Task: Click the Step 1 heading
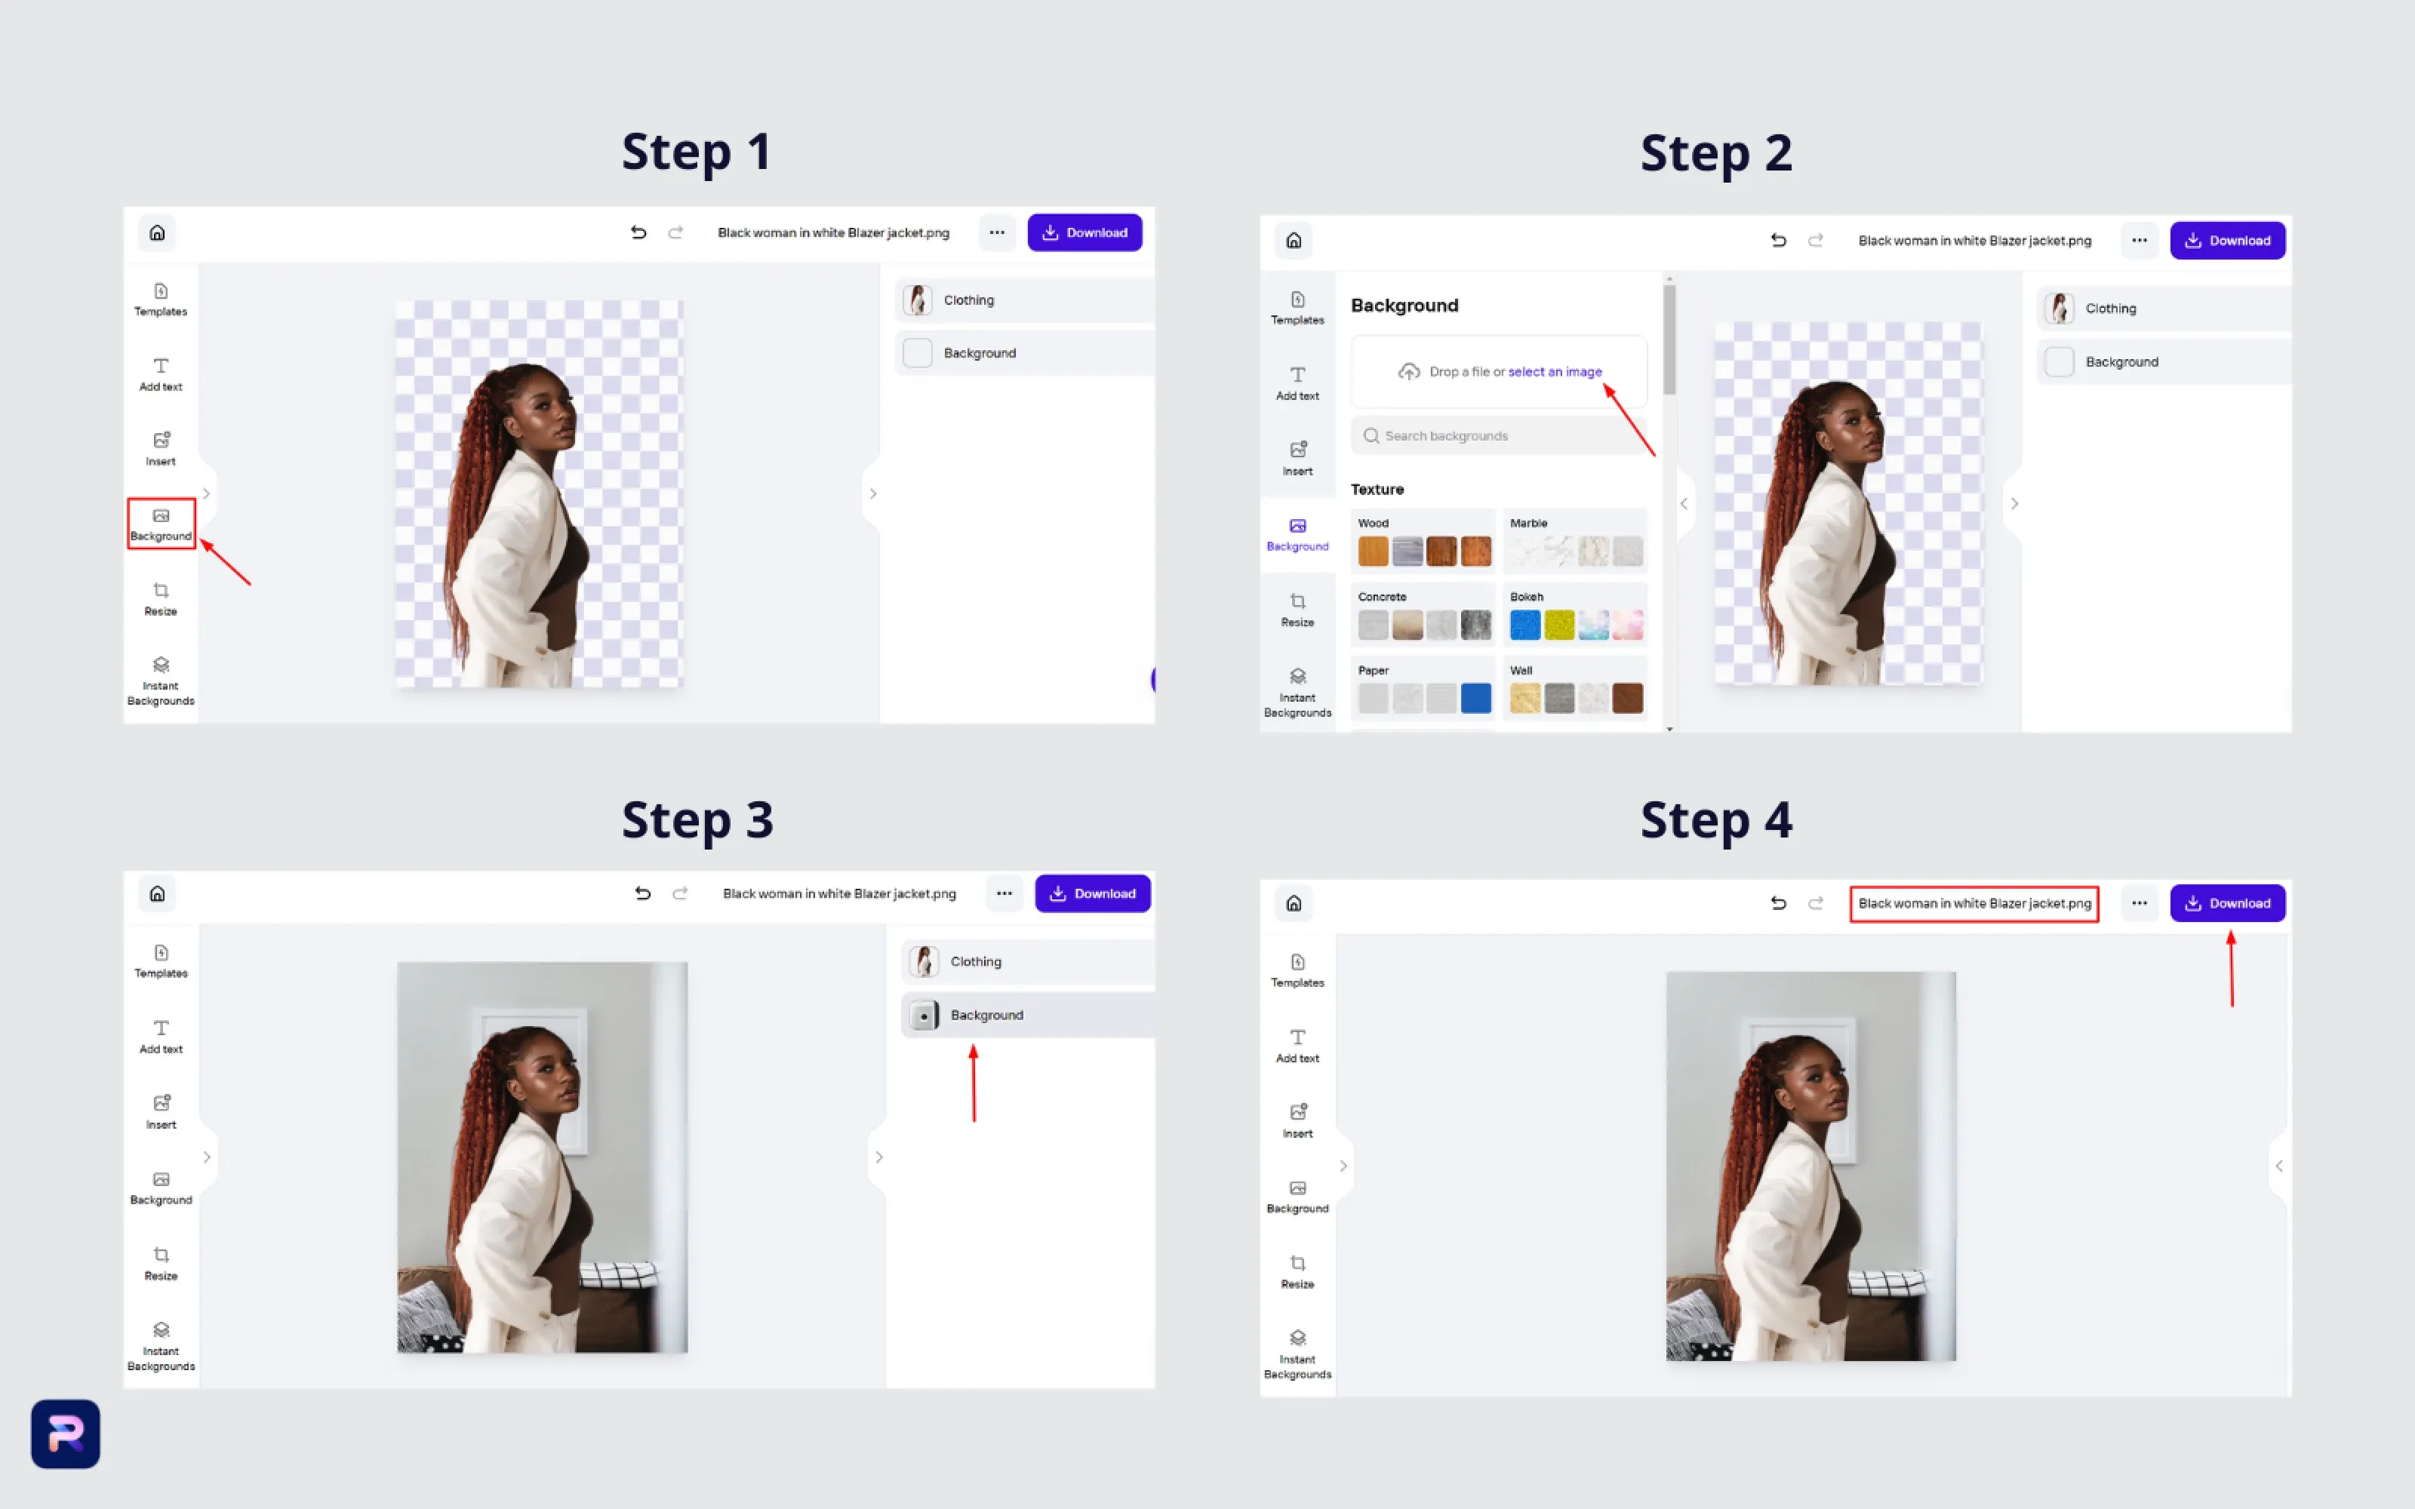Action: tap(697, 152)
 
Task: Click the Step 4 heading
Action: tap(1716, 820)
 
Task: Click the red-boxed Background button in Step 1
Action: tap(161, 523)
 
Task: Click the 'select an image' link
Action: tap(1555, 371)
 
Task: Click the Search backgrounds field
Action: tap(1499, 436)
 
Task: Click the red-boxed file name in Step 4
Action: tap(1974, 903)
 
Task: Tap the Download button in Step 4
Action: tap(2227, 903)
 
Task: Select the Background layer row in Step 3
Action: tap(1028, 1015)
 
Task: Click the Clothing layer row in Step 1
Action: tap(1025, 300)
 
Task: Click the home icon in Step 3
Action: tap(158, 893)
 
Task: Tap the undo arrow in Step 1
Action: tap(638, 232)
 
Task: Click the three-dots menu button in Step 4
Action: tap(2140, 903)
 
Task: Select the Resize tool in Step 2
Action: tap(1297, 610)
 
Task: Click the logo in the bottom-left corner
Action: tap(66, 1434)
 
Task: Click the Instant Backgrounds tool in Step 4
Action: tap(1297, 1354)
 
